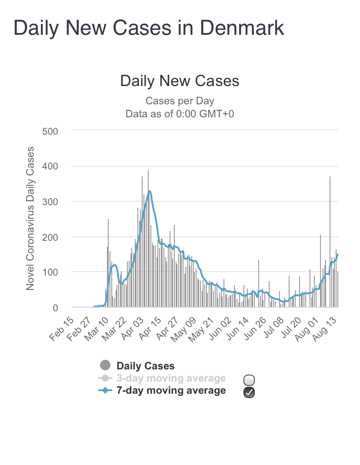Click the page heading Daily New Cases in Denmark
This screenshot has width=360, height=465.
pyautogui.click(x=149, y=28)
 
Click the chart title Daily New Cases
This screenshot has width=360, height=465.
pyautogui.click(x=180, y=81)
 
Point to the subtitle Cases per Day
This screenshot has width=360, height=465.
pyautogui.click(x=180, y=101)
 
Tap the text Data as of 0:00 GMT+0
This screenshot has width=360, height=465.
pyautogui.click(x=180, y=114)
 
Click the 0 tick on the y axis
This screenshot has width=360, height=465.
pyautogui.click(x=55, y=308)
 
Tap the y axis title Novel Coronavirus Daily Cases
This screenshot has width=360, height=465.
pyautogui.click(x=30, y=219)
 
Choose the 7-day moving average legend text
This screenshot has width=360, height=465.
pyautogui.click(x=171, y=390)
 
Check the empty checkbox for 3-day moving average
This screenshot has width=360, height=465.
pyautogui.click(x=249, y=380)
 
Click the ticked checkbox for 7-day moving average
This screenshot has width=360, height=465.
pyautogui.click(x=249, y=392)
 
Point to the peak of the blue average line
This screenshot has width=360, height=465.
pyautogui.click(x=149, y=191)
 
